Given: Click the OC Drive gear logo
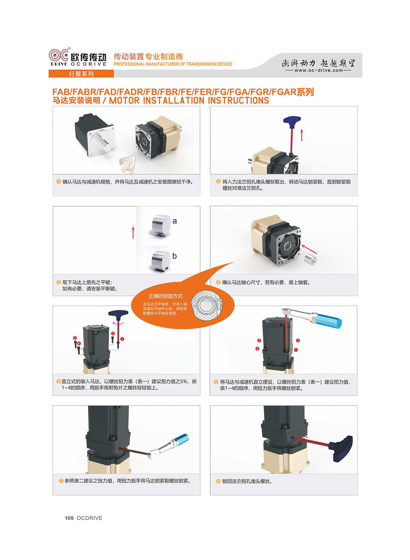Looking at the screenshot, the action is click(59, 56).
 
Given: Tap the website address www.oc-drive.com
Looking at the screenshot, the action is click(319, 70).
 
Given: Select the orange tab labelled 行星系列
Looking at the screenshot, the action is click(81, 74).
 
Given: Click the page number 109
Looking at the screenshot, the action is click(69, 518).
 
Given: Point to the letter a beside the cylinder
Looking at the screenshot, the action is click(175, 221).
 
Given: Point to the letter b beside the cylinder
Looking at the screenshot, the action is click(175, 256).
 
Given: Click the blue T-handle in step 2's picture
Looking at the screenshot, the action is click(292, 120).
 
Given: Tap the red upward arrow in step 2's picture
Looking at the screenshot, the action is click(302, 135).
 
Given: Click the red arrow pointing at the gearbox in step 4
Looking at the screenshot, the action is click(309, 249).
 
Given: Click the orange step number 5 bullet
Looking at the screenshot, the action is click(59, 381).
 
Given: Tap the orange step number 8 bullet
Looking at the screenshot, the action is click(218, 481).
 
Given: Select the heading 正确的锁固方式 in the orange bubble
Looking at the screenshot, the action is click(165, 296).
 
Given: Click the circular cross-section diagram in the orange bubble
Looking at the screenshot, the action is click(207, 305).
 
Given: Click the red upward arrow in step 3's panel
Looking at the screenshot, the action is click(133, 233).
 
